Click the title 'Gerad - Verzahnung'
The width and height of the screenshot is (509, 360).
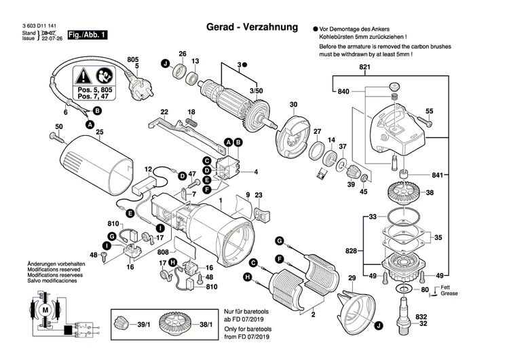pos(251,28)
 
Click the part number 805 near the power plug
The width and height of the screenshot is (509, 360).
pos(133,59)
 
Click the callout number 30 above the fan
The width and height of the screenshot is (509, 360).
pos(293,104)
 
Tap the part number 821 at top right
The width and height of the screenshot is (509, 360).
pos(364,68)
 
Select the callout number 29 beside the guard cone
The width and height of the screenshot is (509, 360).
pos(352,278)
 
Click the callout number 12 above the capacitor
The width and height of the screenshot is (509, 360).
pos(147,168)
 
